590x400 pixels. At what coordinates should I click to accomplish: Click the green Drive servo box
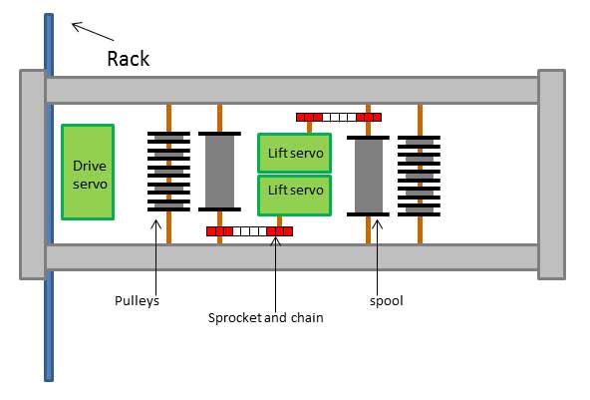tap(88, 172)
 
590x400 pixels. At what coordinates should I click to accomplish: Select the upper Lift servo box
tap(294, 153)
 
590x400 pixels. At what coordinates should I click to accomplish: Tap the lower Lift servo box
tap(294, 196)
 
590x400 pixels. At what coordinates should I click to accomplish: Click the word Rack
tap(129, 59)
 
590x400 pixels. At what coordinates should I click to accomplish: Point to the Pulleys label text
tap(137, 301)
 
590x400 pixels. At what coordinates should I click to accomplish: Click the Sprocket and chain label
tap(266, 317)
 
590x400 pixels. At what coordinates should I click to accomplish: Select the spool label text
tap(387, 301)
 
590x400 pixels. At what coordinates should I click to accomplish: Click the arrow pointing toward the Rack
tap(93, 32)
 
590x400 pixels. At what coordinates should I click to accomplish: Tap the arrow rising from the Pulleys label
tap(155, 257)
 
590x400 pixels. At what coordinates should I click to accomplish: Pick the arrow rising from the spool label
tap(378, 257)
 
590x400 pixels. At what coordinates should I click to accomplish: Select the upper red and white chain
tap(339, 117)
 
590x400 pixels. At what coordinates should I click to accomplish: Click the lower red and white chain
tap(249, 231)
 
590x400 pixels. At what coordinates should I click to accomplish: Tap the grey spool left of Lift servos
tap(219, 172)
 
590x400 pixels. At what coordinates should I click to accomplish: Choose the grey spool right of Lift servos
tap(368, 176)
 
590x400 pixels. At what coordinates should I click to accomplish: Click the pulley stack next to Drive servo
tap(168, 172)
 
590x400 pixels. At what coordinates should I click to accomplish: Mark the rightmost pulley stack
tap(420, 176)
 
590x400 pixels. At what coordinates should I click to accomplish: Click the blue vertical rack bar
tap(49, 198)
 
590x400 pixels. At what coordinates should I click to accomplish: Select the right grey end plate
tap(551, 175)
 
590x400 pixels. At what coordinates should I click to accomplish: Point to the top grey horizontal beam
tap(292, 90)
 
